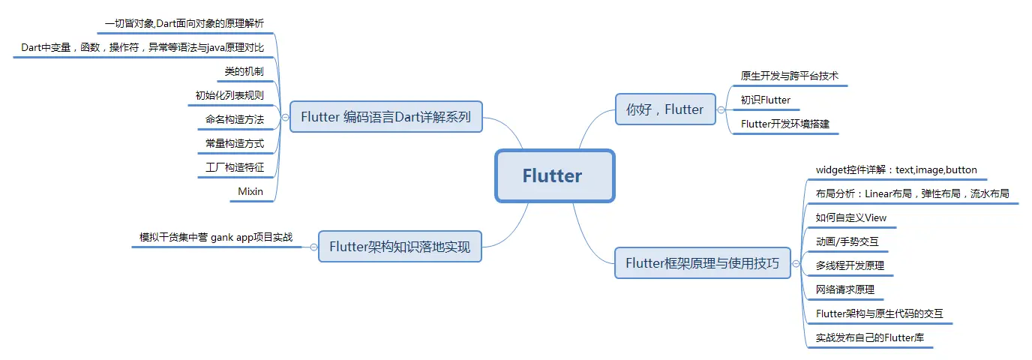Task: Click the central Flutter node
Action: coord(554,176)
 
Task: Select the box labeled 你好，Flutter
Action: coord(664,109)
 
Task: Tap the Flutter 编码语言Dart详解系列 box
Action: coord(385,117)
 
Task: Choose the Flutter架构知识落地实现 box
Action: coord(400,247)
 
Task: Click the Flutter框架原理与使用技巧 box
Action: coord(702,263)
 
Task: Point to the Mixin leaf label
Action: coord(250,191)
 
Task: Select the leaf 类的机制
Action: coord(244,71)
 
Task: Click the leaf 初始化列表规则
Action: coord(229,95)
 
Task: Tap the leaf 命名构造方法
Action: coord(235,119)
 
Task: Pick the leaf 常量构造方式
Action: coord(235,143)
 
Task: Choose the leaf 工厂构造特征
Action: coord(235,167)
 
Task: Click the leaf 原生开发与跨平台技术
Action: coord(789,76)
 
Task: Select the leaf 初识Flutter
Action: coord(766,100)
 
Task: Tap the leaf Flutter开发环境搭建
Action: coord(785,124)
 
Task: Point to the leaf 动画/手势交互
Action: coord(847,242)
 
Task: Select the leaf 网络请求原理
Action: coord(845,289)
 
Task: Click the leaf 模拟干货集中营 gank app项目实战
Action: coord(216,237)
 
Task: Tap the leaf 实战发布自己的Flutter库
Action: coord(870,338)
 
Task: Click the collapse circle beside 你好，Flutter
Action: coord(721,109)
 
